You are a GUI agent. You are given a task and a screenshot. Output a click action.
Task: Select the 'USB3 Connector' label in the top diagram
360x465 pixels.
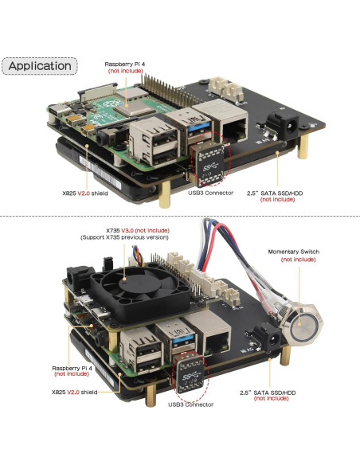(209, 193)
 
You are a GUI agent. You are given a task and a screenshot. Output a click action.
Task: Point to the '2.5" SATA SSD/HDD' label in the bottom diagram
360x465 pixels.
(271, 392)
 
